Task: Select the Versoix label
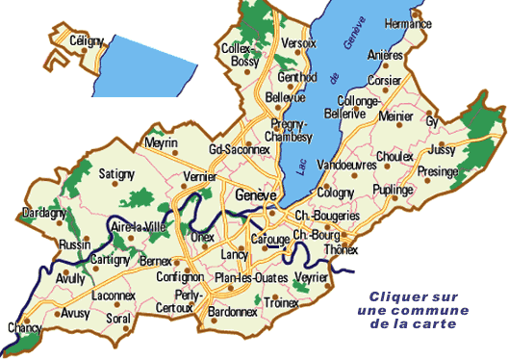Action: (x=300, y=43)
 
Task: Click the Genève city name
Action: (x=255, y=194)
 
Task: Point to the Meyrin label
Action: (x=160, y=142)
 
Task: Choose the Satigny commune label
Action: (x=116, y=174)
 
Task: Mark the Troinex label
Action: (x=280, y=302)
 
